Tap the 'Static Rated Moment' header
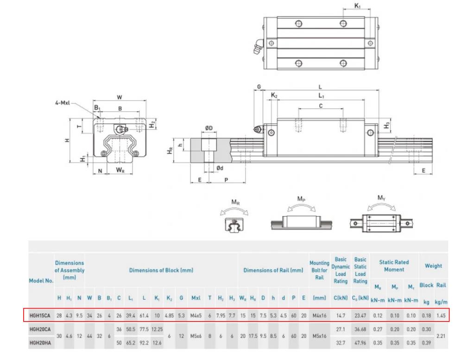pos(394,265)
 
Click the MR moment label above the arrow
pos(235,202)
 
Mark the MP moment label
pos(302,198)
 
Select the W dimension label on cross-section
pos(120,97)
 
